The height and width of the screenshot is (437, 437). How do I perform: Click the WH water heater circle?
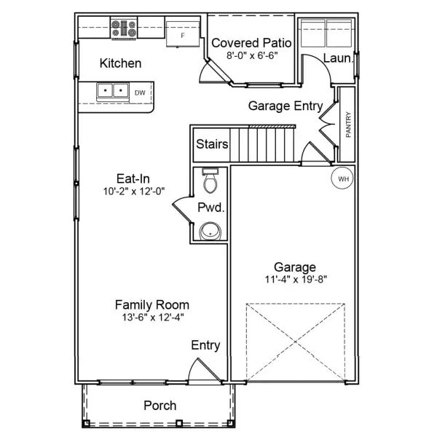tap(342, 178)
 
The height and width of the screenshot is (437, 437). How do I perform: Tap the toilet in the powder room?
tap(209, 179)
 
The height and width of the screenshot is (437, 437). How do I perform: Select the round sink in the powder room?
tap(210, 231)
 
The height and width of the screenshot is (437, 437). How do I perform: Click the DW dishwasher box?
tap(140, 92)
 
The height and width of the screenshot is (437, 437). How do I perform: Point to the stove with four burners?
tap(123, 28)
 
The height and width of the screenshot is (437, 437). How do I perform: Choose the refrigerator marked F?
tap(182, 34)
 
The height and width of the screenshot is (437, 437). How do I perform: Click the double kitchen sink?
tap(113, 92)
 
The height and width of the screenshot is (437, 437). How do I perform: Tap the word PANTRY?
tap(348, 125)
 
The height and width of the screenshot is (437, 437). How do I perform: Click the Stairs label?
tap(212, 144)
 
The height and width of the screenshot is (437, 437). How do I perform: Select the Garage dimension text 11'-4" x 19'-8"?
tap(295, 278)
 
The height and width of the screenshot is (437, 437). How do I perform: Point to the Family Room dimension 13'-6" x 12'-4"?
tap(152, 318)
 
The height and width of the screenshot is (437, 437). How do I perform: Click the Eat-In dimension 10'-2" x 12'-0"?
tap(133, 191)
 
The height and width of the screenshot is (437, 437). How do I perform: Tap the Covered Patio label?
tap(245, 43)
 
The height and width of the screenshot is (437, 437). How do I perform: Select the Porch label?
tap(160, 405)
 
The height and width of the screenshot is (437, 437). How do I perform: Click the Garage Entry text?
tap(286, 106)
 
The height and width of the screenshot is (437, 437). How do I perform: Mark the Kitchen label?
tap(120, 63)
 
